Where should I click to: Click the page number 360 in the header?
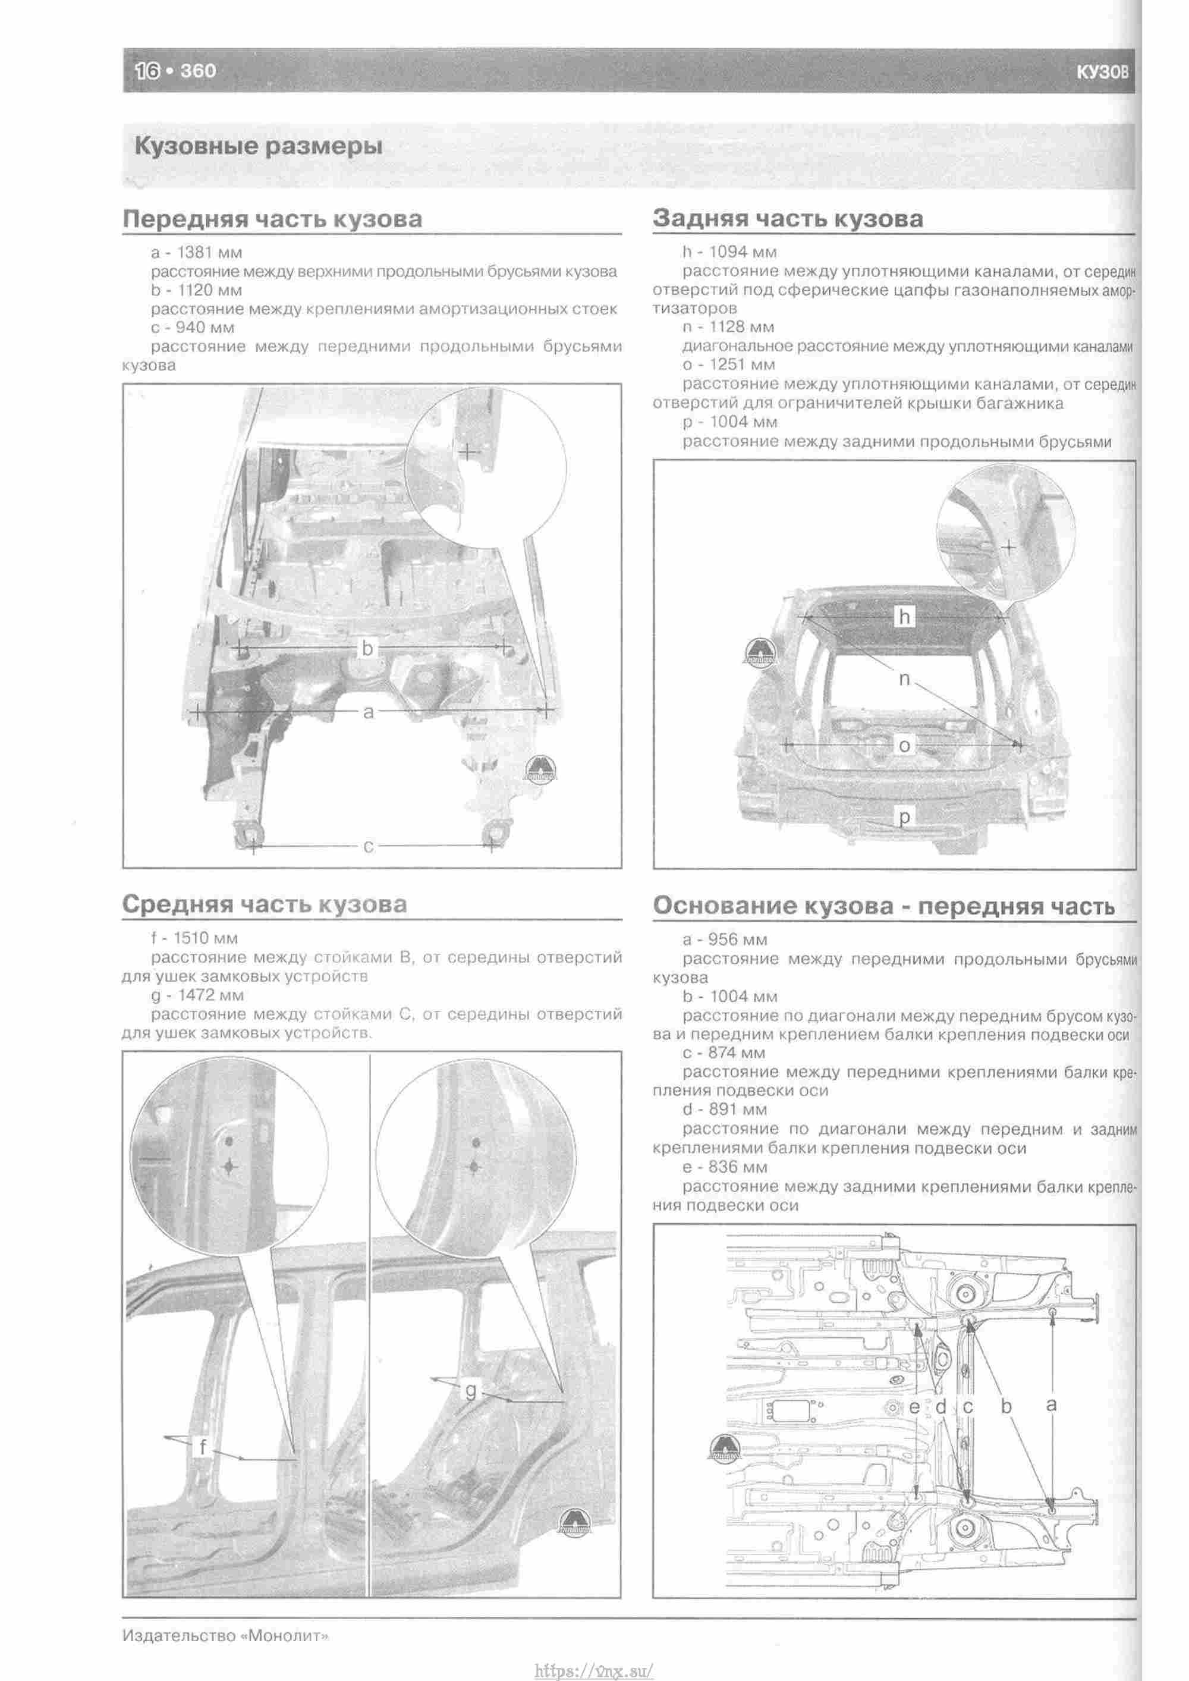[198, 71]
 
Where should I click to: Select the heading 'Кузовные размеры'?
[259, 146]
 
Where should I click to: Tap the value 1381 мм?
[210, 253]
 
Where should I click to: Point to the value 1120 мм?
[209, 290]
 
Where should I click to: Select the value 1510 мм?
[206, 938]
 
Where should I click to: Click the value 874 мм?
[737, 1053]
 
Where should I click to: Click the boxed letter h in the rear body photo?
[905, 617]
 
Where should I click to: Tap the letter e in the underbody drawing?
[915, 1406]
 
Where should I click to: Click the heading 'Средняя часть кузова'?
[265, 904]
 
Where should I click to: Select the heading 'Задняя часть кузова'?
[788, 218]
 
